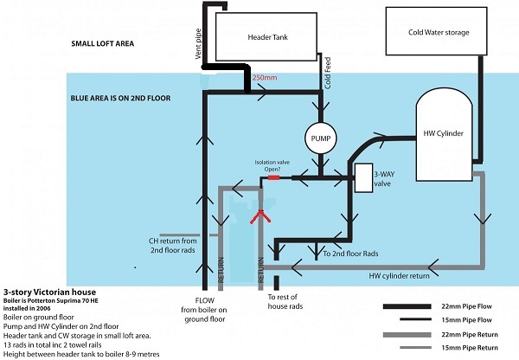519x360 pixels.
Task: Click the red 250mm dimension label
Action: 263,79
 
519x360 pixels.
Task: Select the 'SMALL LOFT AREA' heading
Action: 102,43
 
